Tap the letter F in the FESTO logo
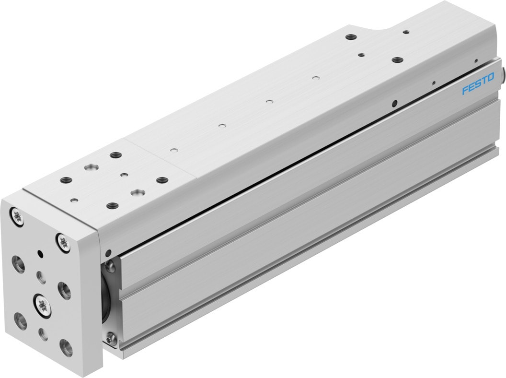[x=464, y=92]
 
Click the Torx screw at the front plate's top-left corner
[x=19, y=217]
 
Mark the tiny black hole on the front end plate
[x=40, y=253]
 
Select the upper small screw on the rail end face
[x=111, y=265]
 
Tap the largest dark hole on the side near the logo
[x=394, y=103]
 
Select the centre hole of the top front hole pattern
[x=124, y=175]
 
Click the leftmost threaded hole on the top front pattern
[x=66, y=180]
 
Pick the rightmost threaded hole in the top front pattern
[x=162, y=180]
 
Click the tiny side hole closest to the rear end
[x=475, y=61]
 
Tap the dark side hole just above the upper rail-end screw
[x=108, y=252]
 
